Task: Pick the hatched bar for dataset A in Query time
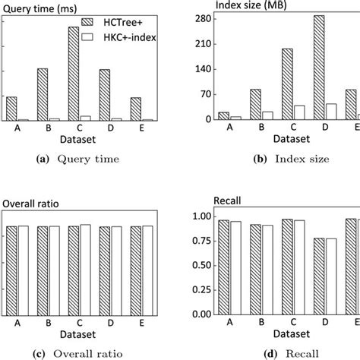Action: pos(12,109)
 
